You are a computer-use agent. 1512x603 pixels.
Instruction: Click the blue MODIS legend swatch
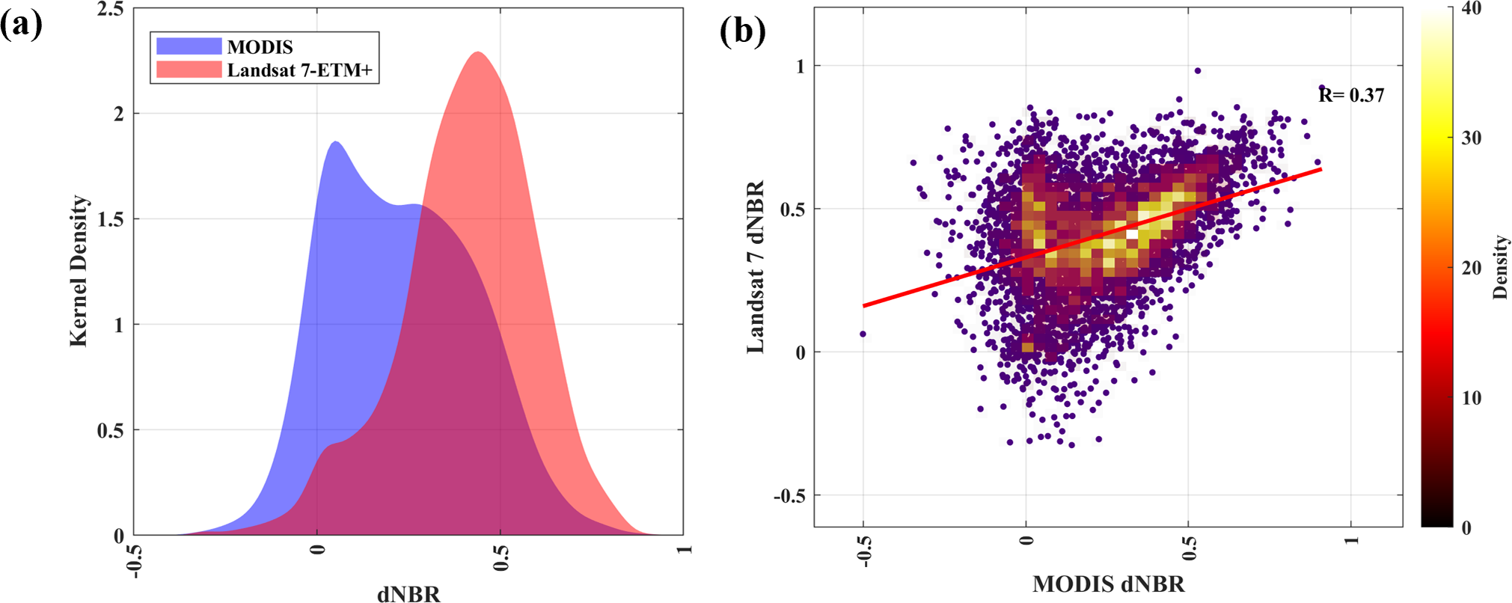(189, 46)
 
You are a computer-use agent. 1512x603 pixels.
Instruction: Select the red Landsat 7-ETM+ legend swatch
(189, 70)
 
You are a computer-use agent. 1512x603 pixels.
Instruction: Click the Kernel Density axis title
(79, 271)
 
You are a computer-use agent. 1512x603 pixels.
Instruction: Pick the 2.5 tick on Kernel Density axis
(111, 10)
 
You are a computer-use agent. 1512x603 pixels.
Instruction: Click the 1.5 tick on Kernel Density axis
(111, 219)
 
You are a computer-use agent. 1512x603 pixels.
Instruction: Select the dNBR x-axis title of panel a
(408, 594)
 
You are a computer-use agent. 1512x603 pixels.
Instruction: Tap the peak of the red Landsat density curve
(477, 52)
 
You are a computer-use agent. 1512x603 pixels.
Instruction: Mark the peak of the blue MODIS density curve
(336, 141)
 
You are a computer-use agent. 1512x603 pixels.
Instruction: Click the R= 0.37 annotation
(1351, 95)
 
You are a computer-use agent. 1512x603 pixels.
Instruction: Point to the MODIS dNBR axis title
(1109, 584)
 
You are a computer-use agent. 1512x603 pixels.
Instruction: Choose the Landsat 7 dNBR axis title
(756, 267)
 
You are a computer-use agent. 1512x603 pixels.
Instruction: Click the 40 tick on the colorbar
(1471, 9)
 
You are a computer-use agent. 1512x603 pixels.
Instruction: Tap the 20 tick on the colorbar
(1471, 268)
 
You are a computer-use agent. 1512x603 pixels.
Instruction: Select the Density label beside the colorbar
(1500, 267)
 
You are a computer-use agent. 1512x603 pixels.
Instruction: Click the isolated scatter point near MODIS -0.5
(863, 334)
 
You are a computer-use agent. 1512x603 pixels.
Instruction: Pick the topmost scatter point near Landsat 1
(1198, 71)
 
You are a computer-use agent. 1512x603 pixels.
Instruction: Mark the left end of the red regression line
(864, 306)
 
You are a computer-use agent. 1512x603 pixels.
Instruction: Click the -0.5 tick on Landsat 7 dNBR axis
(789, 495)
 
